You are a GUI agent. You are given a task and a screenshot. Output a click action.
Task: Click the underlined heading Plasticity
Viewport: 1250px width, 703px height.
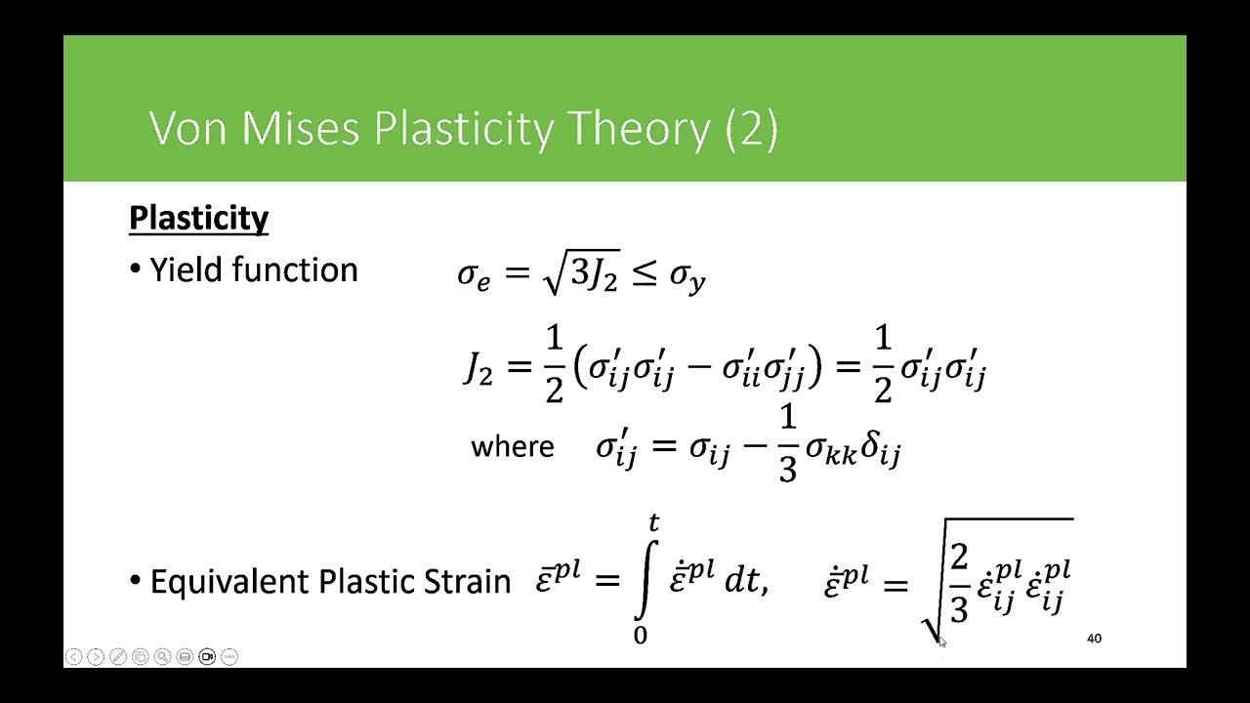(x=198, y=218)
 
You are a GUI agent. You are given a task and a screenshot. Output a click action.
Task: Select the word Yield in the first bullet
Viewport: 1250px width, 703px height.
(x=185, y=269)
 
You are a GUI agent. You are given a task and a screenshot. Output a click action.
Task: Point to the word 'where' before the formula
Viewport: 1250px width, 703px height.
(x=512, y=447)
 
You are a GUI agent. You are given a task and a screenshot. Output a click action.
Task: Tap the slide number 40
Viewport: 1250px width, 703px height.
(x=1094, y=639)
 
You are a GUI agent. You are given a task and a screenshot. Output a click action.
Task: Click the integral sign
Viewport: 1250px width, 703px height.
(x=643, y=579)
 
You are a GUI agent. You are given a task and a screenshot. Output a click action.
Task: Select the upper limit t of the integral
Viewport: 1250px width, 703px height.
(x=653, y=524)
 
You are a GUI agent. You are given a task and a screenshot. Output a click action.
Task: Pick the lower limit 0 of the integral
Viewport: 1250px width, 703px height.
(x=641, y=636)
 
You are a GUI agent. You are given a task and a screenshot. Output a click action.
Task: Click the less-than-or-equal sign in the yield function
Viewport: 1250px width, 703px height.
(x=643, y=275)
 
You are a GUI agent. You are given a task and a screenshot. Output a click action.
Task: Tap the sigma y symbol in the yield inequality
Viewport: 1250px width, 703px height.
(x=687, y=277)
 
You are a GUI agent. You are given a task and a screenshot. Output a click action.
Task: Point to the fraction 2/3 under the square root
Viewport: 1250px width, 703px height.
(x=958, y=583)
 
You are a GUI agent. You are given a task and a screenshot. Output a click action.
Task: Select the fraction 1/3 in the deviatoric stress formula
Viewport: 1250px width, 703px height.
(x=787, y=446)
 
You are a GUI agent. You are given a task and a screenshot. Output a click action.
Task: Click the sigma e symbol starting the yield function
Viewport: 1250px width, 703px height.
(x=473, y=276)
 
